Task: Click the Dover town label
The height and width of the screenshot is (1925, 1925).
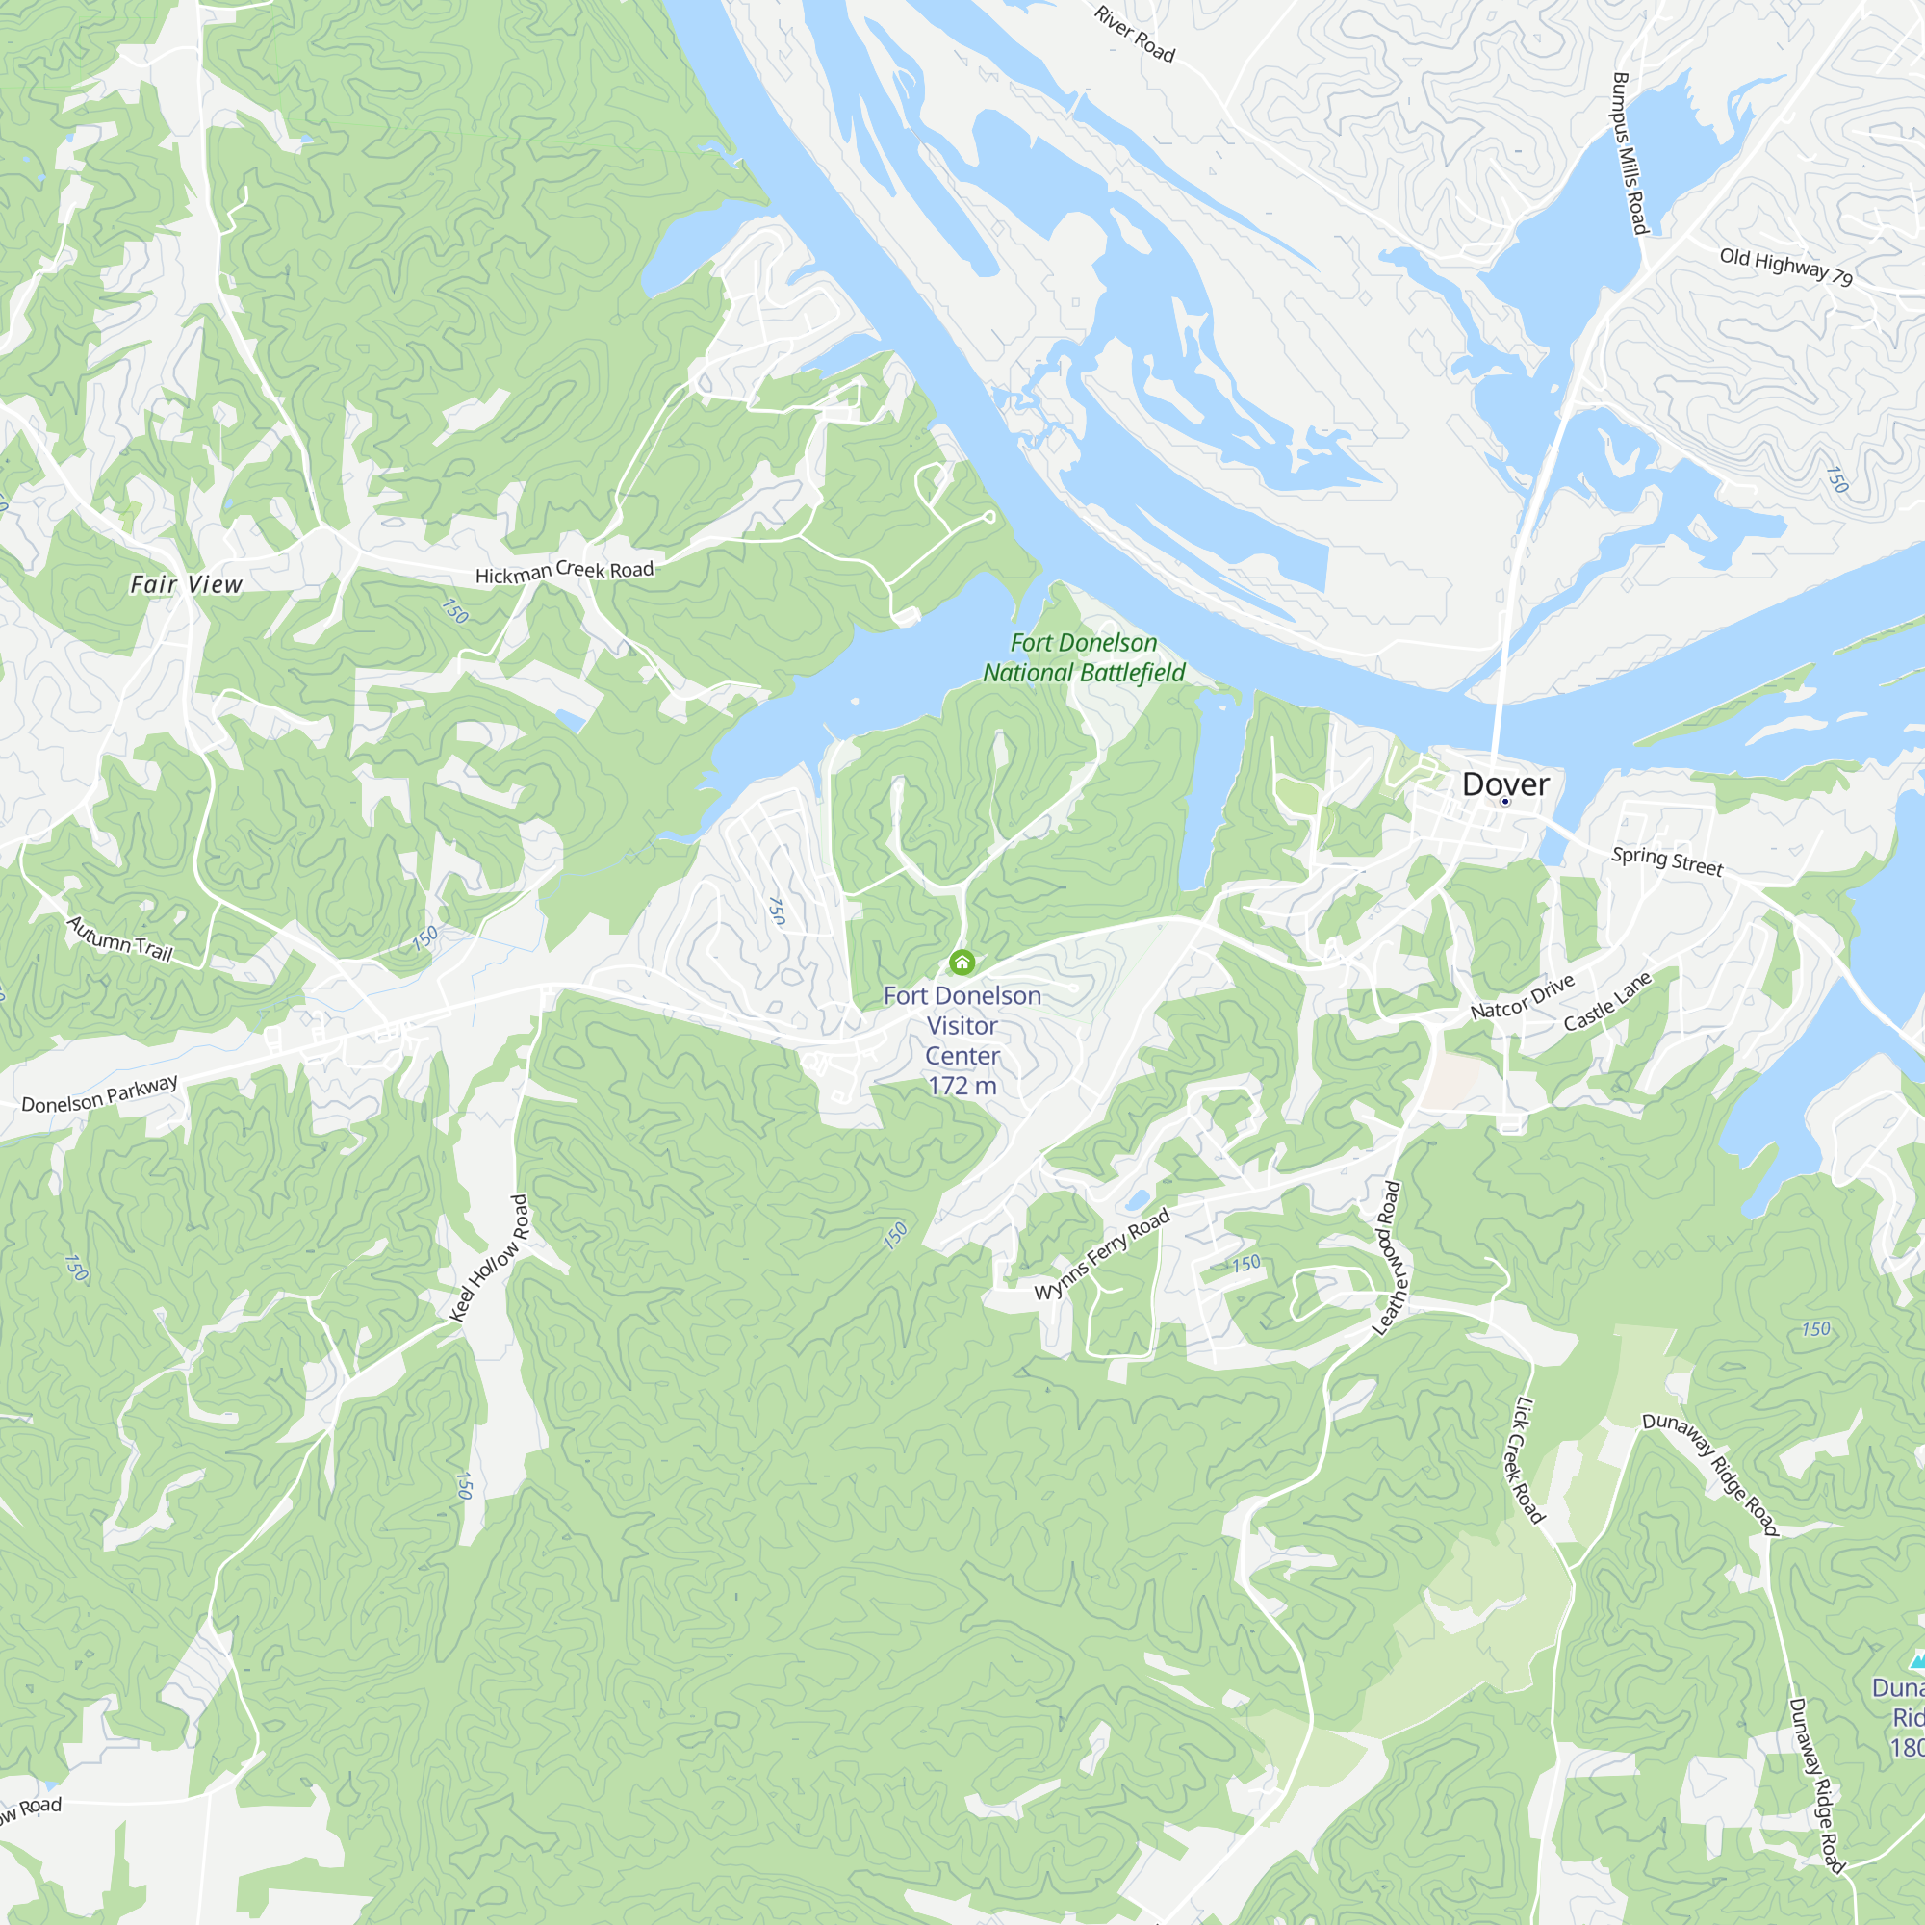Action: point(1504,784)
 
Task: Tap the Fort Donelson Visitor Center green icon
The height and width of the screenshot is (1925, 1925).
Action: point(962,962)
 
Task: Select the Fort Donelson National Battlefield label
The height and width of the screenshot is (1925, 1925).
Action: point(1084,657)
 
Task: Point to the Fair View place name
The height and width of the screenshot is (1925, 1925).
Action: point(187,584)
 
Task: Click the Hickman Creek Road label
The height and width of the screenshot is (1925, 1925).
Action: point(564,572)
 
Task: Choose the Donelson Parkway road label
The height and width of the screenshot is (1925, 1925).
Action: point(100,1094)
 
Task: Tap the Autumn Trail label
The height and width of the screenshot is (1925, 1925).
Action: point(119,938)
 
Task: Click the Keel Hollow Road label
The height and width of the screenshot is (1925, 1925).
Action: point(489,1258)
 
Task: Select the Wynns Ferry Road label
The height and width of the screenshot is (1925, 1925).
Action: point(1101,1254)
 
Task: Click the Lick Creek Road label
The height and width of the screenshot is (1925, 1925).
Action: point(1523,1461)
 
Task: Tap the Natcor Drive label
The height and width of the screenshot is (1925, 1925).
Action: point(1523,996)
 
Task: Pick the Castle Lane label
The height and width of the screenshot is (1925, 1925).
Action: point(1607,1001)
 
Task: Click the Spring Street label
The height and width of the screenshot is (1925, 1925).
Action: point(1667,860)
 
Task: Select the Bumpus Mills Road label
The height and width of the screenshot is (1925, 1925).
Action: point(1630,153)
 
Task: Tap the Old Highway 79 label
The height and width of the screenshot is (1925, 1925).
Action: point(1786,266)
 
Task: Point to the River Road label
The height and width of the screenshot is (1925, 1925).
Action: point(1135,34)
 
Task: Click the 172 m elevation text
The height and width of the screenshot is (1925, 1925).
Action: point(962,1086)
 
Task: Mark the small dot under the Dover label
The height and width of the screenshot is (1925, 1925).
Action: point(1504,801)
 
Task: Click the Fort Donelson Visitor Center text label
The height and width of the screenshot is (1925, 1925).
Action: point(962,1025)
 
